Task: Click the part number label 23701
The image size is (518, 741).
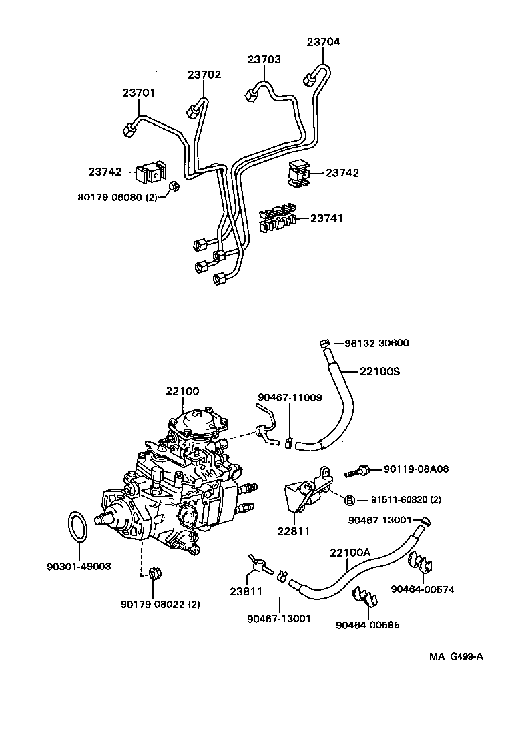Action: point(138,93)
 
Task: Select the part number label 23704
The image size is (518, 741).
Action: point(323,41)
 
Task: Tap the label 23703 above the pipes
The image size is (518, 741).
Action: point(264,59)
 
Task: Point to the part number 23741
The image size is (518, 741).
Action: point(326,218)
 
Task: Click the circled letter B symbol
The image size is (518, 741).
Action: point(348,500)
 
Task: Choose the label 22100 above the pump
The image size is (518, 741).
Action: point(182,391)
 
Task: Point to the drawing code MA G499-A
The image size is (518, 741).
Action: point(456,656)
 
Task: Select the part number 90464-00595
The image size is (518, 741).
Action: point(367,625)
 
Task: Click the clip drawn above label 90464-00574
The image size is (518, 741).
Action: point(423,566)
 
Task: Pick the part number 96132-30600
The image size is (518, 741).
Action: point(376,343)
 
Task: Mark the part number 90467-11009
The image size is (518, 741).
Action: point(290,397)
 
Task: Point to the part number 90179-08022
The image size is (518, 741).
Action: point(161,604)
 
